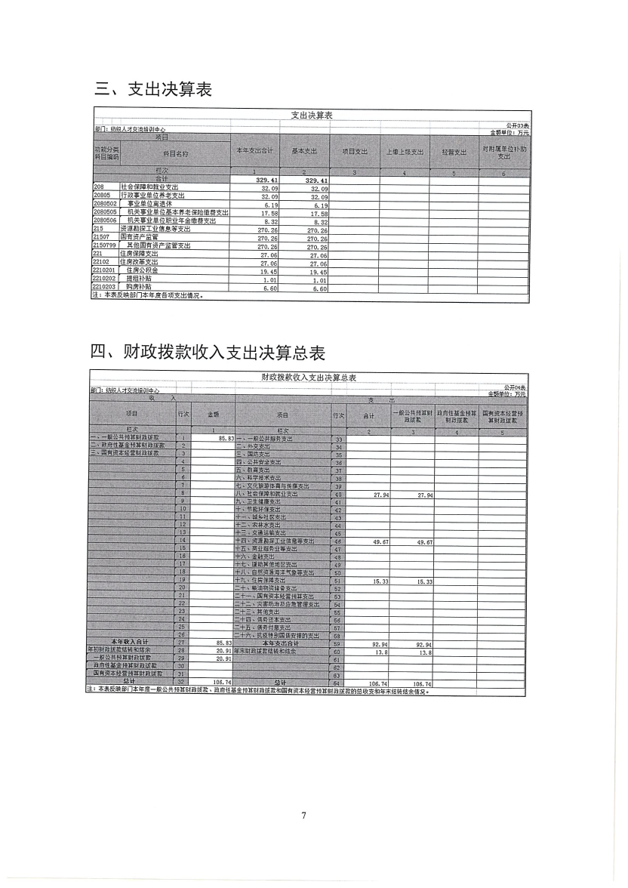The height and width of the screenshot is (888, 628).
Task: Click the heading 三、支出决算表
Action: coord(152,89)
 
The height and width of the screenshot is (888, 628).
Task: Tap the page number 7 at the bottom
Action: coord(303,815)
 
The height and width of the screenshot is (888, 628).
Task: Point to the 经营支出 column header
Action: coord(453,152)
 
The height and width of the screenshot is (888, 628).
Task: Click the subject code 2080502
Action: coord(105,204)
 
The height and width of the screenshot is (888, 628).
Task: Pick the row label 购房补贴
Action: coord(138,288)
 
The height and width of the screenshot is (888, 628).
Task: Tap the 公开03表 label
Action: coord(517,125)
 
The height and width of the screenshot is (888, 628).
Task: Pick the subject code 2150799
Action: coord(105,246)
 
